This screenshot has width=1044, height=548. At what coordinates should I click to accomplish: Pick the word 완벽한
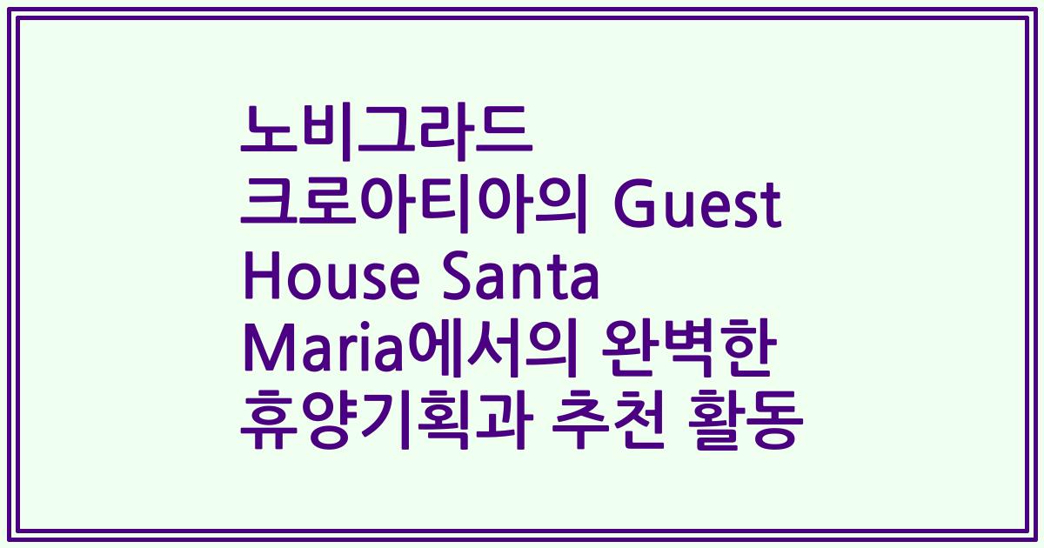tap(686, 356)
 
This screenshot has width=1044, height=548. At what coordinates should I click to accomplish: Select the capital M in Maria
tap(264, 356)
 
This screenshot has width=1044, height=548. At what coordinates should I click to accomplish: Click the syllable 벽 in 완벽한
tap(686, 356)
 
